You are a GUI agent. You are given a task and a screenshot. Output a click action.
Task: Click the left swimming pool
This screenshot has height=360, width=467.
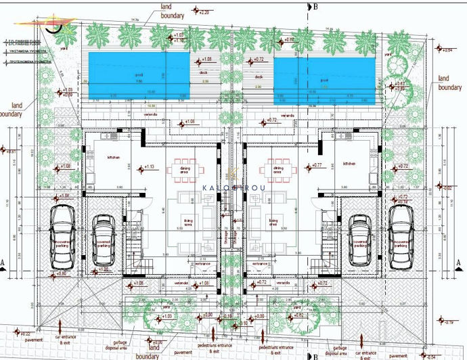tap(138, 70)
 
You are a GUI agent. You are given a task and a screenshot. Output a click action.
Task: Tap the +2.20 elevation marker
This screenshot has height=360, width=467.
tap(204, 12)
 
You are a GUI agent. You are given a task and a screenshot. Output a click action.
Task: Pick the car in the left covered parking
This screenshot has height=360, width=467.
tap(104, 243)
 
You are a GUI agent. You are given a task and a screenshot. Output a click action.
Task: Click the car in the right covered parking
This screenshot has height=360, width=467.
tap(360, 243)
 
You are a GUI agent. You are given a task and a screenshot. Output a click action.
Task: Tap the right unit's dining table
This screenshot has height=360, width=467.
tap(277, 170)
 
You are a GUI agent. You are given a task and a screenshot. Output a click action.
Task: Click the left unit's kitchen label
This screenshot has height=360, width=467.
tap(112, 157)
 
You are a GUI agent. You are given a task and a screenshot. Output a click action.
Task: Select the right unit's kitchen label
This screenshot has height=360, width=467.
tap(349, 163)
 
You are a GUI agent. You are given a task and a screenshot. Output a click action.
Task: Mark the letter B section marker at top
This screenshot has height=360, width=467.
tap(315, 6)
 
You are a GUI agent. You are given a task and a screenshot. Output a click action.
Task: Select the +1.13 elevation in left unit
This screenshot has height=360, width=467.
tap(150, 167)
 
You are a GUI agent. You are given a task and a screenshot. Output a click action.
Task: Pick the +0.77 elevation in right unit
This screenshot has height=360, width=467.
tap(315, 166)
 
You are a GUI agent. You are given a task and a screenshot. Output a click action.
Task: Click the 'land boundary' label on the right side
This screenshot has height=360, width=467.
tap(449, 83)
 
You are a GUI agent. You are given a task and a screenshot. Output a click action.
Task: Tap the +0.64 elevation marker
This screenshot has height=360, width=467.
tap(447, 50)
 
